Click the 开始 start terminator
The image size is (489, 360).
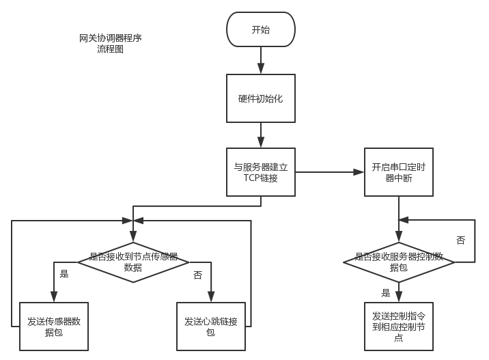coord(260,29)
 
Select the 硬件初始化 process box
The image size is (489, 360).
coord(260,98)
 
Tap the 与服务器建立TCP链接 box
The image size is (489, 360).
coord(260,172)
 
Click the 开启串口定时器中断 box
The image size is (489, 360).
coord(398,172)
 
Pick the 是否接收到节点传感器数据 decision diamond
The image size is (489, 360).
coord(133,262)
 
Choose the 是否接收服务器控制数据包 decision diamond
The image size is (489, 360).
coord(398,262)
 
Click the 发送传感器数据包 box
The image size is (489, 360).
coord(54,326)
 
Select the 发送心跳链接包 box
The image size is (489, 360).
coord(210,326)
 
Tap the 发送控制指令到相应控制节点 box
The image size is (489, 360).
coord(398,326)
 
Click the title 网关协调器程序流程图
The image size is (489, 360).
coord(110,44)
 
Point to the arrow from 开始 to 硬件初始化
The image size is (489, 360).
coord(260,60)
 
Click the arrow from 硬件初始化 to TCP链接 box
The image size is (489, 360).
coord(260,135)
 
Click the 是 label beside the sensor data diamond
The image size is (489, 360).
coord(64,274)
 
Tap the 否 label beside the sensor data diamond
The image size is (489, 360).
coord(198,275)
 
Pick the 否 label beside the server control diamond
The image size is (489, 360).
coord(460,240)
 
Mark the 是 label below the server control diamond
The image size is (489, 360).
coord(386,293)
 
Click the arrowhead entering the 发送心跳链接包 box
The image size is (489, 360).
coord(210,297)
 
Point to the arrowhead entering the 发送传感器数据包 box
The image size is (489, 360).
coord(54,297)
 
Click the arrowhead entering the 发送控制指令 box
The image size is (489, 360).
coord(398,297)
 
